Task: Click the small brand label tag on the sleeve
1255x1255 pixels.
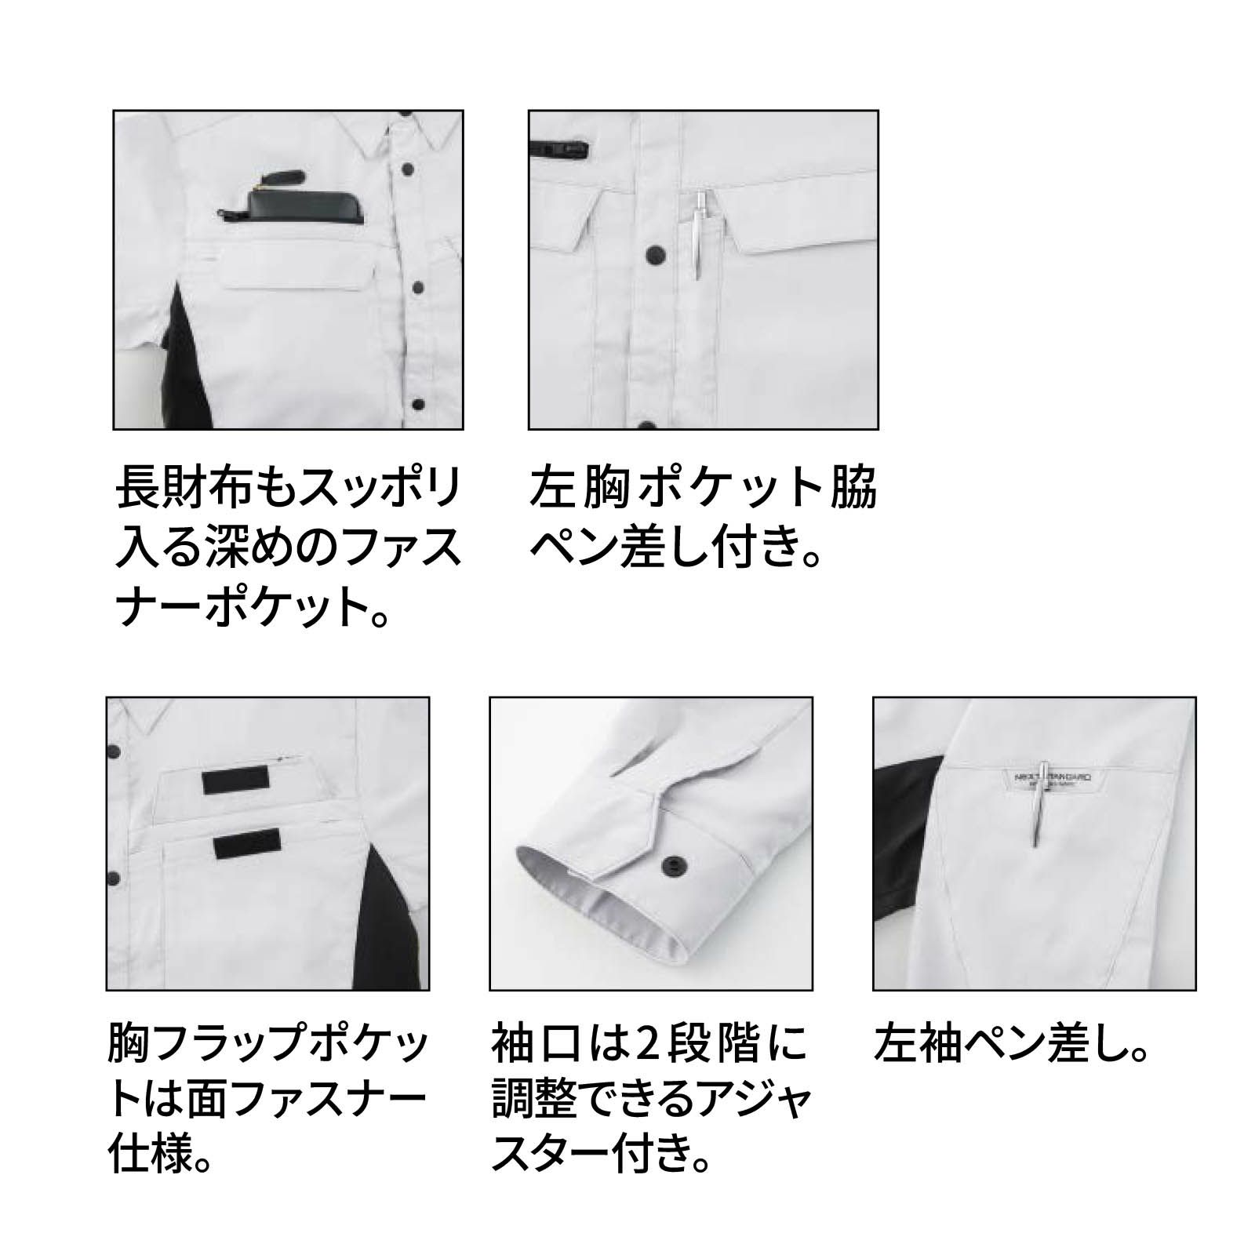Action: click(x=1048, y=776)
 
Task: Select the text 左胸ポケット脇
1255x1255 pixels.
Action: click(x=704, y=488)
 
